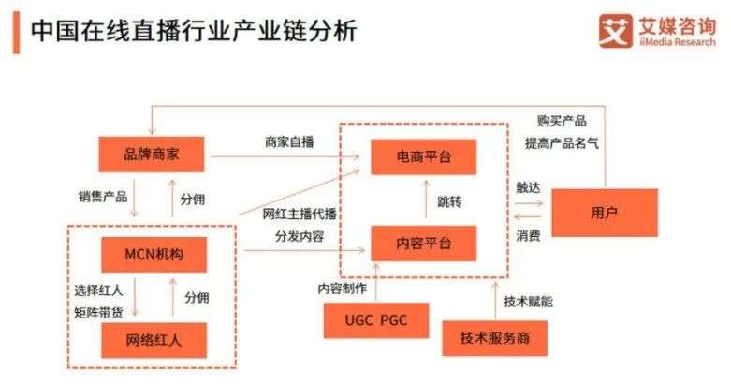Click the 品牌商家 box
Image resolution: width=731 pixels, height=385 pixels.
[x=152, y=154]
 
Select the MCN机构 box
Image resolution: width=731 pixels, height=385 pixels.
[x=154, y=255]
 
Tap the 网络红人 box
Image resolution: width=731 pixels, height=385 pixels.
[x=154, y=340]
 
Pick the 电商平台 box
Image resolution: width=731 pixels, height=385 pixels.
[x=424, y=156]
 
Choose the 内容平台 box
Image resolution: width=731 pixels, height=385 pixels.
[x=424, y=244]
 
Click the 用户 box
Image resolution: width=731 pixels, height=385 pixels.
[x=605, y=213]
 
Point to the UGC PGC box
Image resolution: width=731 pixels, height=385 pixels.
[x=376, y=320]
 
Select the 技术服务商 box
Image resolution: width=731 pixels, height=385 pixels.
[x=494, y=338]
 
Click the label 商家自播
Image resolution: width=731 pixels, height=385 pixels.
[x=289, y=141]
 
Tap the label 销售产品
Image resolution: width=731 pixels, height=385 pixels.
[x=103, y=197]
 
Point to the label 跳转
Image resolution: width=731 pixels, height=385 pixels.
[x=449, y=201]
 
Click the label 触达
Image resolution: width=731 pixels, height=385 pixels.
[x=528, y=187]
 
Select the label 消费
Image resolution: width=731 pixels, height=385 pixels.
[x=528, y=235]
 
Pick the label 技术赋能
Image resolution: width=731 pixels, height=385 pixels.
[x=528, y=302]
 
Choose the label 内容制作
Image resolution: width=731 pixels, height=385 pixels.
[x=343, y=289]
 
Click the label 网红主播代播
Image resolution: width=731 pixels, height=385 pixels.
[x=300, y=214]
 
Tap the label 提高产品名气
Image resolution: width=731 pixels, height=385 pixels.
[x=562, y=142]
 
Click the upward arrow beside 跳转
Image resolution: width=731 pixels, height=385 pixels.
[x=426, y=200]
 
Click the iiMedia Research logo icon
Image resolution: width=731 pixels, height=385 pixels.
[x=615, y=31]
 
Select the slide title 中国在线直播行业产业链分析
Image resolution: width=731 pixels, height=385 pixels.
[x=194, y=31]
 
